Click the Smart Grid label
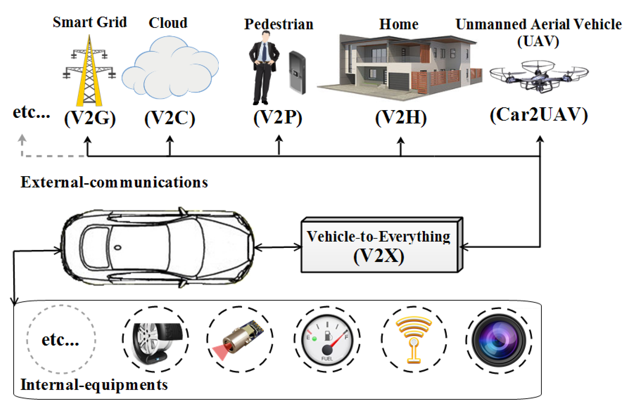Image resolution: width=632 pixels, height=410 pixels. (x=90, y=22)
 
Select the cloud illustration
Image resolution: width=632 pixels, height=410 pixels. (x=169, y=68)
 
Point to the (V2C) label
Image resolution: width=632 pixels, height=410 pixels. (x=169, y=118)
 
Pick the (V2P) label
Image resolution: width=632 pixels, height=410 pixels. (x=278, y=118)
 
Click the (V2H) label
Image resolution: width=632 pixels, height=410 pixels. (x=401, y=118)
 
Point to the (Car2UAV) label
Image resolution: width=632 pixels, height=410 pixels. (x=539, y=115)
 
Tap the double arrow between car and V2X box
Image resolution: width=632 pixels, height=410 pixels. (x=278, y=247)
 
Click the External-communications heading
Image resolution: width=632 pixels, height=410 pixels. (x=114, y=182)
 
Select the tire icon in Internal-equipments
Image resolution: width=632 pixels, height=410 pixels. (x=156, y=340)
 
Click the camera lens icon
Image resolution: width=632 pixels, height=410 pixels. (x=499, y=340)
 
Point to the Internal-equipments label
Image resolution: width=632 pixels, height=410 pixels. (x=94, y=385)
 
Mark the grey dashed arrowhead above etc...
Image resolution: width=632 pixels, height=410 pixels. (x=22, y=138)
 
